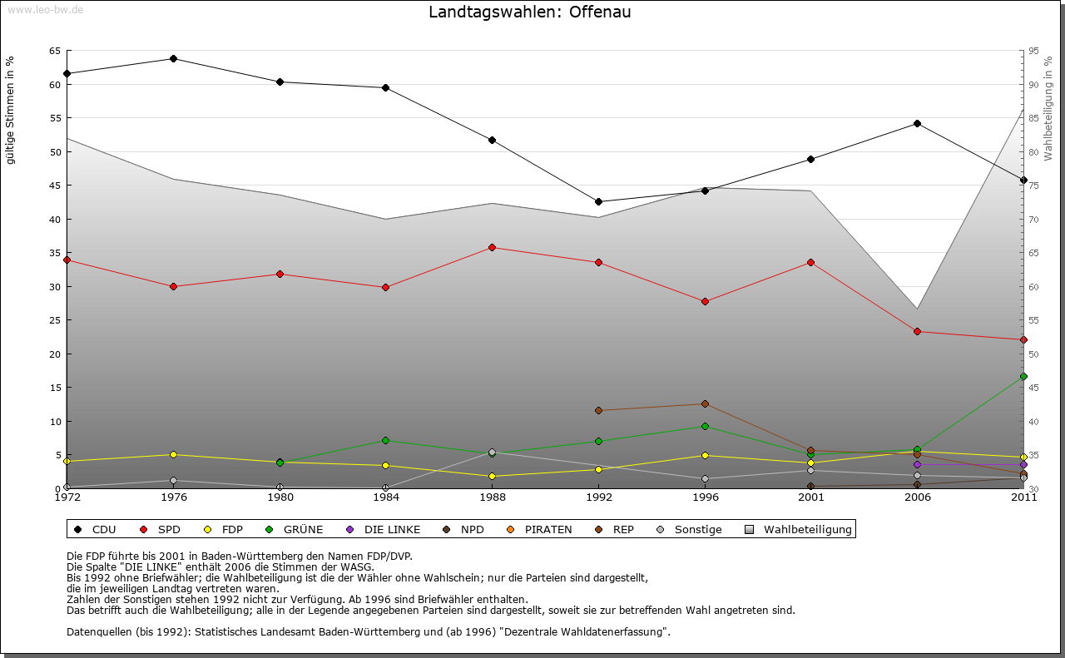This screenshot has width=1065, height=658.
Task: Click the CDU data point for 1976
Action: [173, 58]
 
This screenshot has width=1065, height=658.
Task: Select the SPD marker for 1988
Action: [493, 247]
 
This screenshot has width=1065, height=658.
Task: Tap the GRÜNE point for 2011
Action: [1023, 376]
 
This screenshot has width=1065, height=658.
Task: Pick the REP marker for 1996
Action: [705, 404]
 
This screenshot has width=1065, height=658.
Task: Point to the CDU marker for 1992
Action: [598, 201]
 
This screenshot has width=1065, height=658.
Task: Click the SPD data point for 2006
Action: [917, 331]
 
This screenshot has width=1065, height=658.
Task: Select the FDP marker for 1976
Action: [173, 454]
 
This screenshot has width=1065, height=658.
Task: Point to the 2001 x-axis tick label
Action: [810, 498]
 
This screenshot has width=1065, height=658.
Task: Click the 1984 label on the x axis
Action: [386, 498]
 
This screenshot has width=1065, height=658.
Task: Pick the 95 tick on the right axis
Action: [1033, 51]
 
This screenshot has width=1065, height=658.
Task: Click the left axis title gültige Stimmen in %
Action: [11, 110]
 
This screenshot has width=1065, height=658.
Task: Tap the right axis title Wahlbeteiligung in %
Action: [1048, 109]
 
